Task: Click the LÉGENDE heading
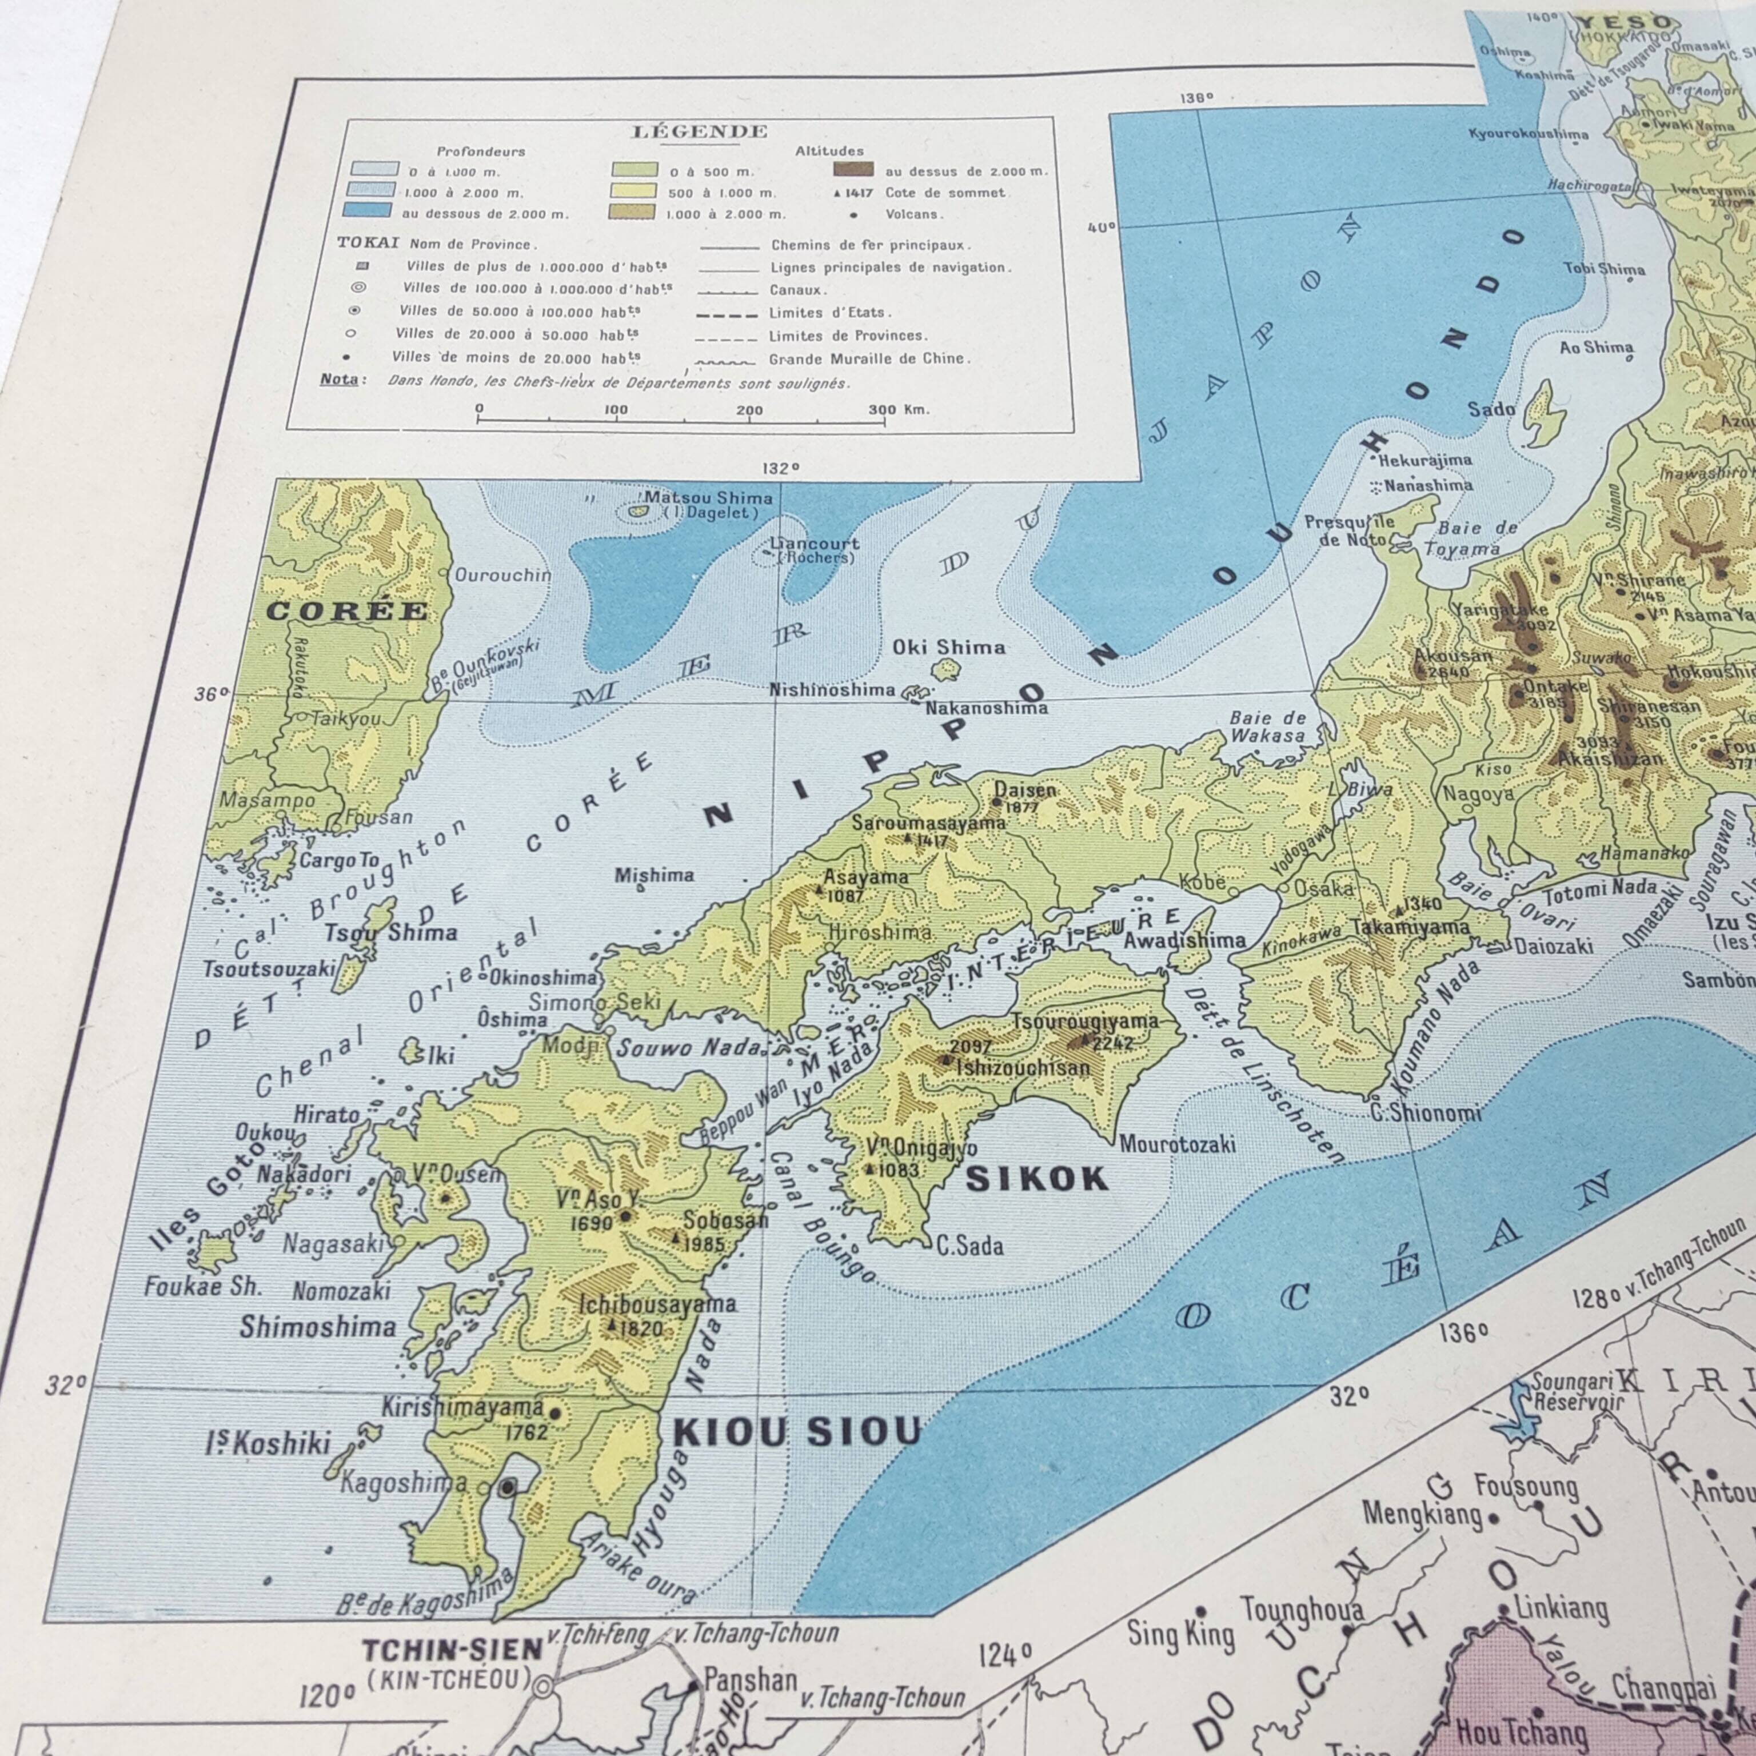699,132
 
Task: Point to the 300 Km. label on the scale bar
898,409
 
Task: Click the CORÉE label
346,611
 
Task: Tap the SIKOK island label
1036,1179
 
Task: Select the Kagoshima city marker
508,1486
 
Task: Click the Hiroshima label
880,932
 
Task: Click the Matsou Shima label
708,497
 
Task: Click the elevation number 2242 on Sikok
1112,1043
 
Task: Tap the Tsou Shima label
391,932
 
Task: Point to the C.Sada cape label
970,1245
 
